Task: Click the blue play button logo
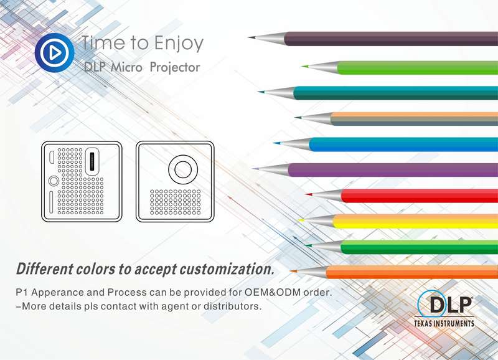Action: pos(55,53)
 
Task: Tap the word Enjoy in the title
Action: pos(179,44)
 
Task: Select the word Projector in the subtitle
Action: pos(175,67)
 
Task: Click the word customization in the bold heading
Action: pos(227,269)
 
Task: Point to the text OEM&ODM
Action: pos(273,292)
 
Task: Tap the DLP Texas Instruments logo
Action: pos(444,308)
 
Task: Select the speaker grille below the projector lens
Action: pos(176,202)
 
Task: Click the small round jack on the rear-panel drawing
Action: pos(54,181)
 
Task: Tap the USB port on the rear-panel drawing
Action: pos(92,161)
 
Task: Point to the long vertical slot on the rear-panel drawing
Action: pos(51,202)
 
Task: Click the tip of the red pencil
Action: pos(307,194)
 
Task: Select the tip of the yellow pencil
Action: pos(299,220)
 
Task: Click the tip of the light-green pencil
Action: pos(303,66)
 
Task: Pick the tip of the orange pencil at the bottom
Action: pos(291,272)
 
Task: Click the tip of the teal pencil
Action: pos(260,92)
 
